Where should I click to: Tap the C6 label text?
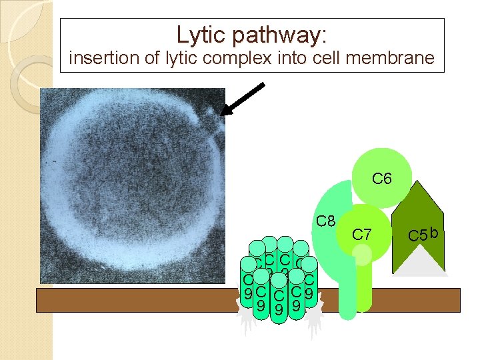[x=382, y=179]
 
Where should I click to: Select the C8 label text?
[x=325, y=221]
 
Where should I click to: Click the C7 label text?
[x=361, y=234]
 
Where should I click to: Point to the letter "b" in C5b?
[x=433, y=233]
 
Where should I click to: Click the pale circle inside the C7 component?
[x=362, y=254]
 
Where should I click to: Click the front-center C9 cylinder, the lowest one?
[x=279, y=308]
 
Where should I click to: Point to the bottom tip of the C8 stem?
[x=347, y=315]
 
